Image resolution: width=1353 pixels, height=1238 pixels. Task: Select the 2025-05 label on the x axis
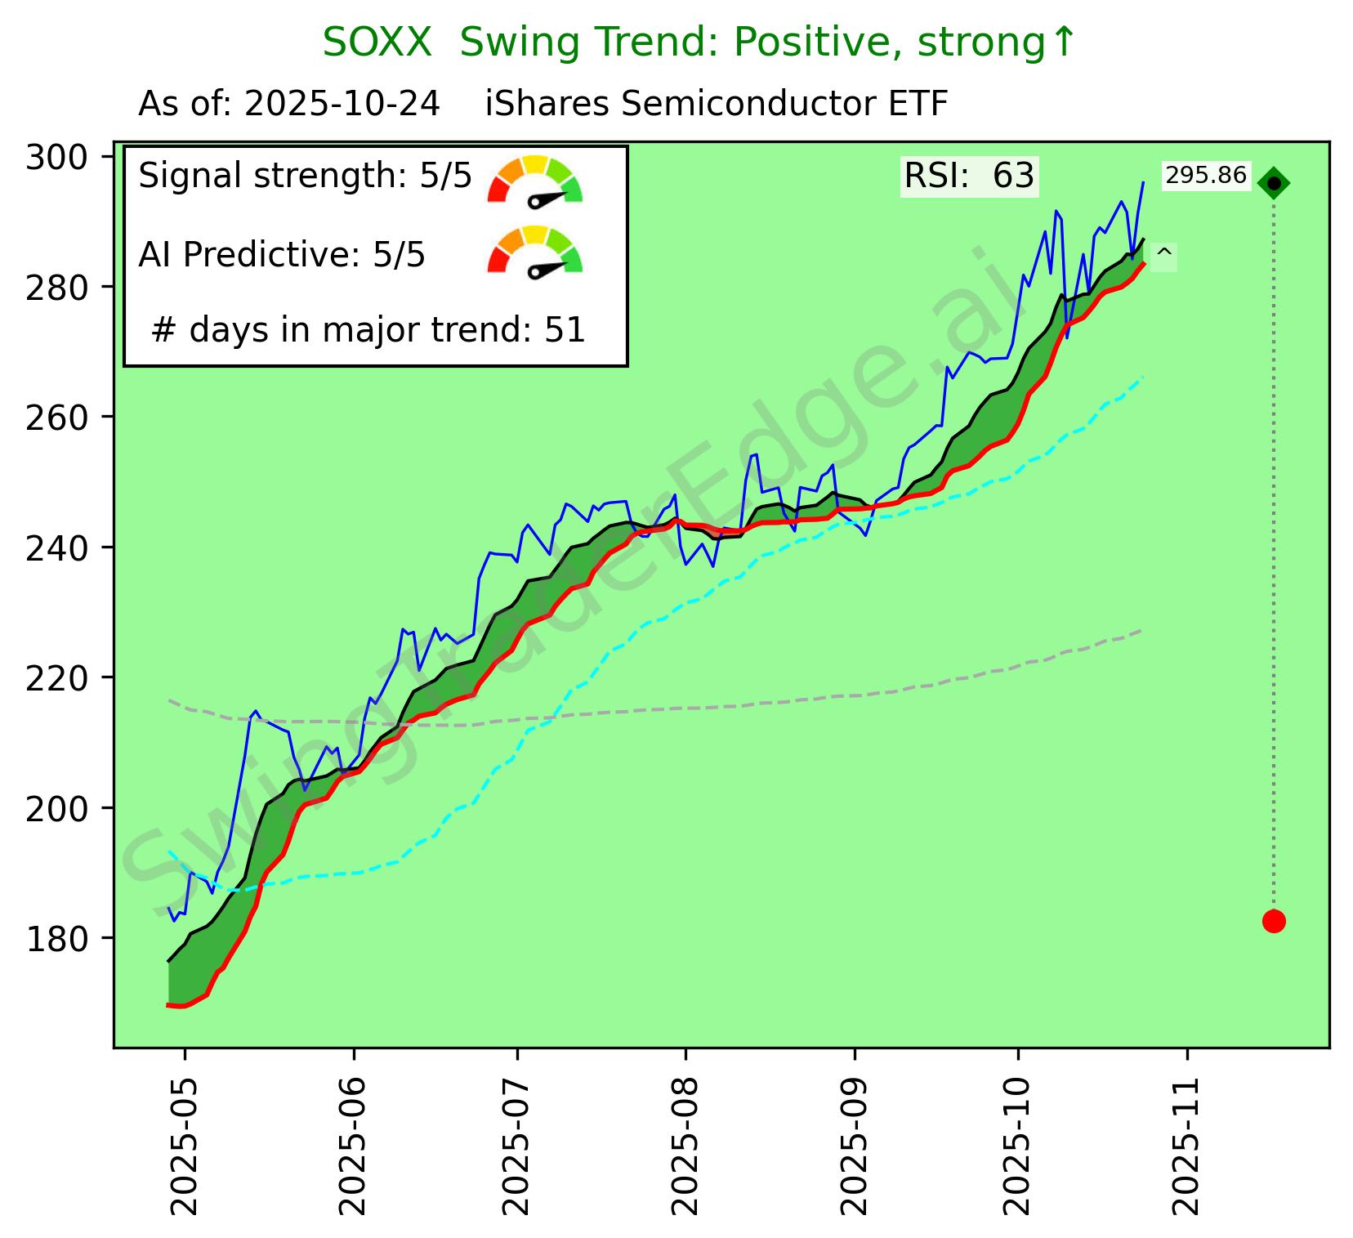(185, 1145)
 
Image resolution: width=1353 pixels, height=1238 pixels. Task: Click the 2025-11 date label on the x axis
(1186, 1145)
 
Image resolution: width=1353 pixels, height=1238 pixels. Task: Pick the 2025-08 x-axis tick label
(685, 1145)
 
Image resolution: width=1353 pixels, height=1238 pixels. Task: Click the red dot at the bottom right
(1274, 921)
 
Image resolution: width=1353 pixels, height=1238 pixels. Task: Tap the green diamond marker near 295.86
(1274, 183)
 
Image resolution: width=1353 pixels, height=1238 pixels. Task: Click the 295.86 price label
(1206, 176)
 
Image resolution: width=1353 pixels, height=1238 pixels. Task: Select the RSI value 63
(1013, 176)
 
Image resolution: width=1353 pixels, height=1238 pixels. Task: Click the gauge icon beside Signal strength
(534, 179)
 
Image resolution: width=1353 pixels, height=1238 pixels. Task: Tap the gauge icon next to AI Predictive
(534, 250)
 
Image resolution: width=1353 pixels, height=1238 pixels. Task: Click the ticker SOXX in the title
(377, 42)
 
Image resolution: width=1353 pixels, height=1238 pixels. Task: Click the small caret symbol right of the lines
(1165, 255)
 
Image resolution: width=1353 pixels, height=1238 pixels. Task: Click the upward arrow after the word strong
(1062, 42)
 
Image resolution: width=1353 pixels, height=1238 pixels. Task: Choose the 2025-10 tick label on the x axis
(1018, 1145)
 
